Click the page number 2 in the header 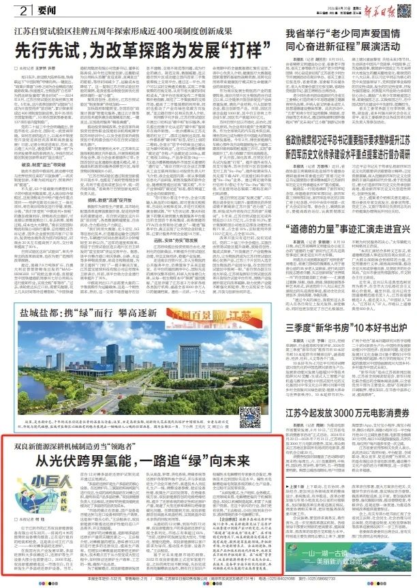[22, 10]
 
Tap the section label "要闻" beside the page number [44, 10]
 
